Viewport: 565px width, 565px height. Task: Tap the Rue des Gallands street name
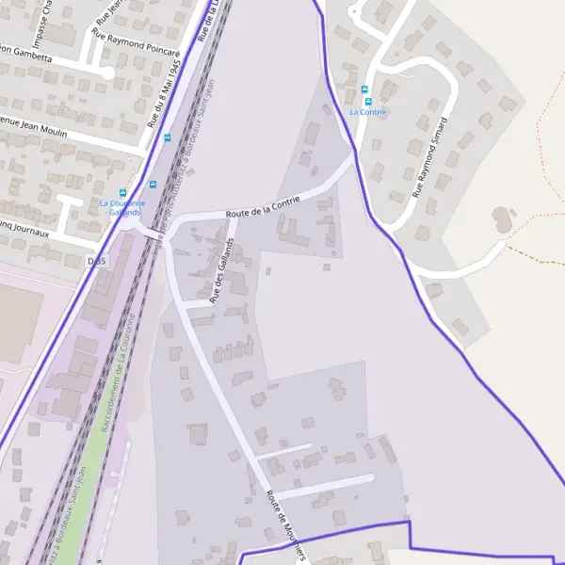click(x=222, y=273)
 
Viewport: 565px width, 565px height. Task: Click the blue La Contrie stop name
click(x=367, y=112)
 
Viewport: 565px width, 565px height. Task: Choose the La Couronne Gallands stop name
click(x=122, y=208)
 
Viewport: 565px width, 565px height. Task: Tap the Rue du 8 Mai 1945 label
click(x=163, y=90)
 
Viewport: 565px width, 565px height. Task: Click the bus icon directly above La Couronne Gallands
click(x=153, y=186)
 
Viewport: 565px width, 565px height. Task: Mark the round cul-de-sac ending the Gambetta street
click(x=106, y=72)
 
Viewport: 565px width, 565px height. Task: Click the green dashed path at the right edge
click(x=537, y=256)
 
